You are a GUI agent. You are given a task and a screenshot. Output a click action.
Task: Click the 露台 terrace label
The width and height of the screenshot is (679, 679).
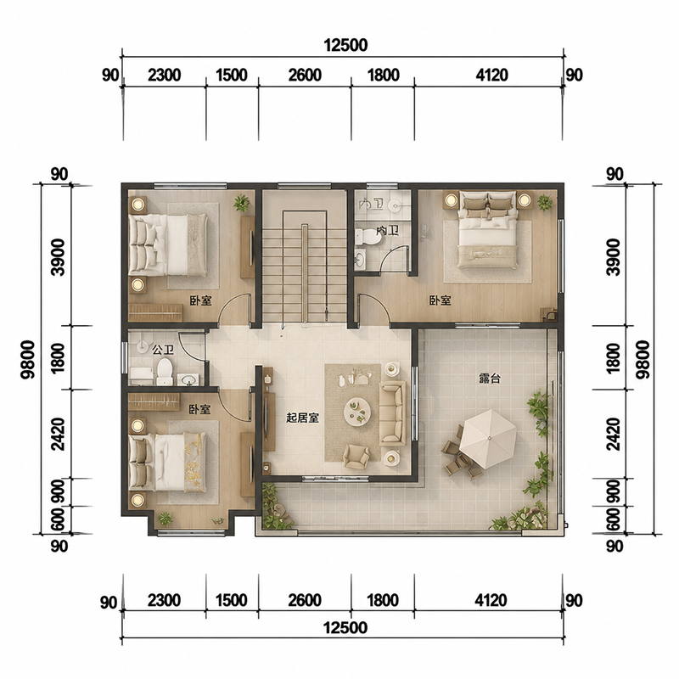click(490, 378)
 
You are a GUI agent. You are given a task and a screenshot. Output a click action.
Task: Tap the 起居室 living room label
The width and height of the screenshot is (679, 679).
click(302, 418)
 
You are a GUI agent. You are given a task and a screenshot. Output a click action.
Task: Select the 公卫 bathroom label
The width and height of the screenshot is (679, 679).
click(162, 350)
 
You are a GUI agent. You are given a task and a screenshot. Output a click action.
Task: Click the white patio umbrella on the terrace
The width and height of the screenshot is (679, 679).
click(488, 439)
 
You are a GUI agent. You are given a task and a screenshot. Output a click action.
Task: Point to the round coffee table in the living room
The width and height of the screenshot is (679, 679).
click(357, 411)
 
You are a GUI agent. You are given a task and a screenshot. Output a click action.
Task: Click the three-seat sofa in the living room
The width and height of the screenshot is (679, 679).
click(393, 413)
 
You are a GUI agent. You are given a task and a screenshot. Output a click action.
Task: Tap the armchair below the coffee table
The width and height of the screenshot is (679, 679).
click(356, 456)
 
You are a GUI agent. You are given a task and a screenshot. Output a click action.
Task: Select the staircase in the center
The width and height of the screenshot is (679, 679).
click(305, 267)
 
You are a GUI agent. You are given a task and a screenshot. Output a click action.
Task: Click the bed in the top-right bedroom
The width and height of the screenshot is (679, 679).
click(488, 229)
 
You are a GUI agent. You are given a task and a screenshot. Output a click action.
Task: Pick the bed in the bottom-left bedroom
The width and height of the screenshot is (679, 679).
click(168, 463)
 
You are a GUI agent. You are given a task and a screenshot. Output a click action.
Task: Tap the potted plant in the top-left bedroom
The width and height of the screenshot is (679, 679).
click(241, 202)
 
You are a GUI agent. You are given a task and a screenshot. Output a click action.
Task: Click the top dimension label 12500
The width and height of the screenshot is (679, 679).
click(345, 45)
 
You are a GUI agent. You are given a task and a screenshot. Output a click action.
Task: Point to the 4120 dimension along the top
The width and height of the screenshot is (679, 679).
click(491, 75)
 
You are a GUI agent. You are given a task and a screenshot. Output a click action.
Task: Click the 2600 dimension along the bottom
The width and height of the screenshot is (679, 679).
click(305, 601)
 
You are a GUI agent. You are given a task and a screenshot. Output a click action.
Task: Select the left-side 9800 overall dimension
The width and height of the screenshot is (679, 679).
click(28, 360)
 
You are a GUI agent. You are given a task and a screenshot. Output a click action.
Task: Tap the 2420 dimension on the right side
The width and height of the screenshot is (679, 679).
click(614, 434)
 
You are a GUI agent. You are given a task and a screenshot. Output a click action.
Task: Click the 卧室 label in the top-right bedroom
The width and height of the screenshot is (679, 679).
click(440, 300)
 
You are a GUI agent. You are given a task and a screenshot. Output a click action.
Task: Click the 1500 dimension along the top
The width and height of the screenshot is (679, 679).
click(231, 75)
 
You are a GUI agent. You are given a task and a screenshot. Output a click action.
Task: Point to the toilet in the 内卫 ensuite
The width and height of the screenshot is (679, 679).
click(367, 237)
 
